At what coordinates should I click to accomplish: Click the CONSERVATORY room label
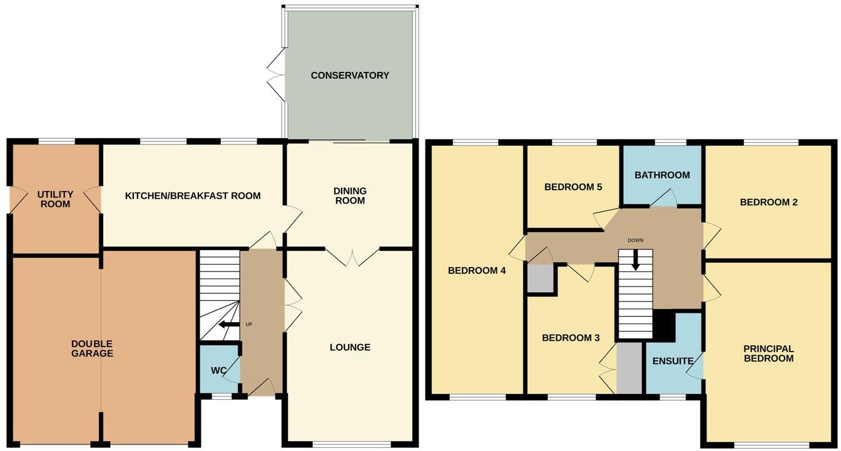(x=350, y=76)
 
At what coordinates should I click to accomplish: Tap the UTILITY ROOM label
(x=55, y=200)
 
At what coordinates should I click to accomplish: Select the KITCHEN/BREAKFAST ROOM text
(x=193, y=196)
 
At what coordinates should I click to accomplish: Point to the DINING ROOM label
(x=350, y=196)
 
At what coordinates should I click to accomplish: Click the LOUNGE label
(x=350, y=347)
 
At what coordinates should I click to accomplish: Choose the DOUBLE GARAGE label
(x=92, y=348)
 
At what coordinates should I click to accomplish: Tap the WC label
(x=217, y=371)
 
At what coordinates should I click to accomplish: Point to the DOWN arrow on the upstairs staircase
(x=636, y=261)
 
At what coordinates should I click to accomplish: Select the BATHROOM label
(x=662, y=175)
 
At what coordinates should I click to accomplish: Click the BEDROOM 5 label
(x=573, y=186)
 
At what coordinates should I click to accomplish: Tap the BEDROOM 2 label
(x=768, y=202)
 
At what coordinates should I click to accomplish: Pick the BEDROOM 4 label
(x=477, y=271)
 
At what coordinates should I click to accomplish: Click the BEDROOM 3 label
(x=571, y=338)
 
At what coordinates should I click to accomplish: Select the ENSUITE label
(x=673, y=361)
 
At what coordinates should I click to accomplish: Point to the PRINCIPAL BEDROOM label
(x=768, y=353)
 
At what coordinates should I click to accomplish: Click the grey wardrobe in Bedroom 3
(x=629, y=368)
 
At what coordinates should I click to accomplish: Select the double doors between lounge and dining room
(x=353, y=256)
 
